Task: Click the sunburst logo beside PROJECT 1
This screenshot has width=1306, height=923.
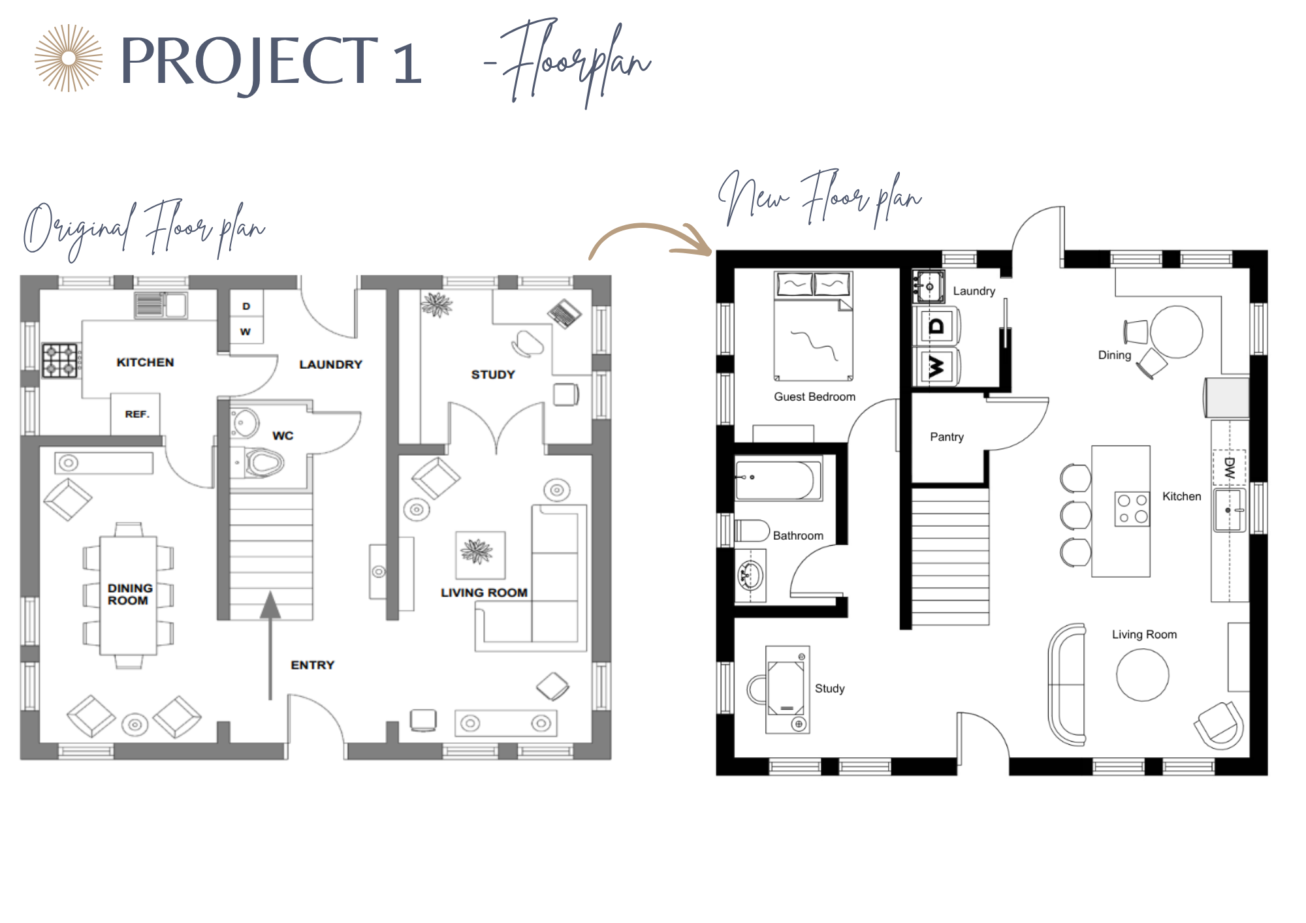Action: (69, 58)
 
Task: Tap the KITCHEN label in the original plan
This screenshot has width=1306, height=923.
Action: (145, 362)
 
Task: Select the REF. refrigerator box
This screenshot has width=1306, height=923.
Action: (135, 414)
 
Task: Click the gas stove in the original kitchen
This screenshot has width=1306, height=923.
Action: (60, 360)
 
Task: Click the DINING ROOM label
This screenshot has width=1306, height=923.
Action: (130, 594)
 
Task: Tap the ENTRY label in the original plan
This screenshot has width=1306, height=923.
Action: (312, 665)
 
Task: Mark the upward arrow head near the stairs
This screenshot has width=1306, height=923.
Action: (270, 604)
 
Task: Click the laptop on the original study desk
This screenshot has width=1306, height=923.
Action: (564, 313)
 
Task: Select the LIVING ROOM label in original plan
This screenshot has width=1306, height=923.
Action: (484, 593)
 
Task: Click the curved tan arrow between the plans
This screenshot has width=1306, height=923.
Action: (650, 240)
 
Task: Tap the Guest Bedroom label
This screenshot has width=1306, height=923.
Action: (814, 397)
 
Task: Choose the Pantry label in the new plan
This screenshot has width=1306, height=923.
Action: (947, 437)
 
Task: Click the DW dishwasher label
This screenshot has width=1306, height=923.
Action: (1230, 467)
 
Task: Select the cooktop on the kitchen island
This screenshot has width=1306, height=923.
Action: (1132, 509)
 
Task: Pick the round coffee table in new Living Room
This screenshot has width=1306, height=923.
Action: (1143, 675)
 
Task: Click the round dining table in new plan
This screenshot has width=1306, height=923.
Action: (1176, 332)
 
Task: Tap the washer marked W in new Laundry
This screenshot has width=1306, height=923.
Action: (936, 367)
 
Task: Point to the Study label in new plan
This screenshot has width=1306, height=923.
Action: (829, 689)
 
